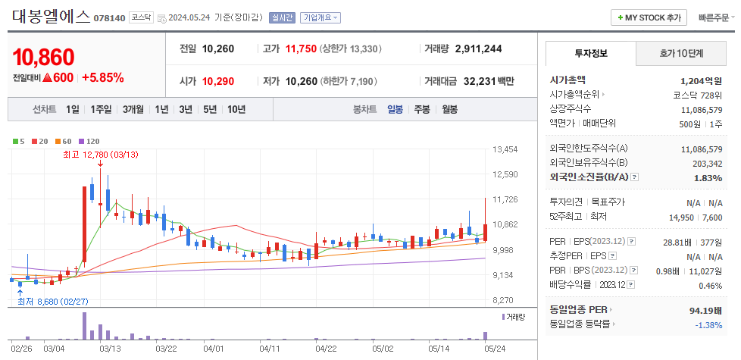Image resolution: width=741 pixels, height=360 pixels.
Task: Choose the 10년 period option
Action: coord(236,109)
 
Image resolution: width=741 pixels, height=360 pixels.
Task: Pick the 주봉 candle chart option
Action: coord(421,109)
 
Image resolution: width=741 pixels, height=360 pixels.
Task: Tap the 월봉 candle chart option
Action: coord(449,109)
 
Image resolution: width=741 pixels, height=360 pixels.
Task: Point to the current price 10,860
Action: coord(44,57)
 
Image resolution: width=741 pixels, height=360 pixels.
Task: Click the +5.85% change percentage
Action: coord(103,77)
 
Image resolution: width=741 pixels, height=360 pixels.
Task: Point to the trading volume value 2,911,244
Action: coord(478,49)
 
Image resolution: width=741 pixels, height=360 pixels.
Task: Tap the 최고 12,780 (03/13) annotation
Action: coord(100,155)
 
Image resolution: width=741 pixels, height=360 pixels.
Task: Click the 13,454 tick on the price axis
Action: coord(504,149)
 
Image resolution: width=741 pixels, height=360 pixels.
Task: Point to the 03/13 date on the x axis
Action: coord(110,349)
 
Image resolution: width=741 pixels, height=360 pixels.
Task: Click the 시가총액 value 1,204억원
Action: coord(701,80)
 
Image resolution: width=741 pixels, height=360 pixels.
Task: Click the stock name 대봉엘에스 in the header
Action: coord(50,17)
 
